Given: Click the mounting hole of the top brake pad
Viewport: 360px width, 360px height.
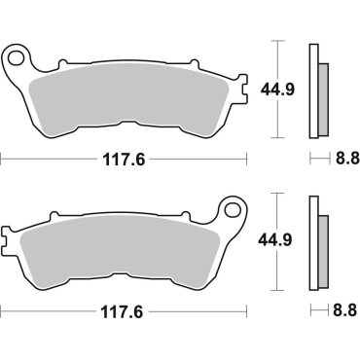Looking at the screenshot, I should (15, 58).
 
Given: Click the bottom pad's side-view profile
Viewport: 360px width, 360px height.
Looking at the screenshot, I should (314, 239).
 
